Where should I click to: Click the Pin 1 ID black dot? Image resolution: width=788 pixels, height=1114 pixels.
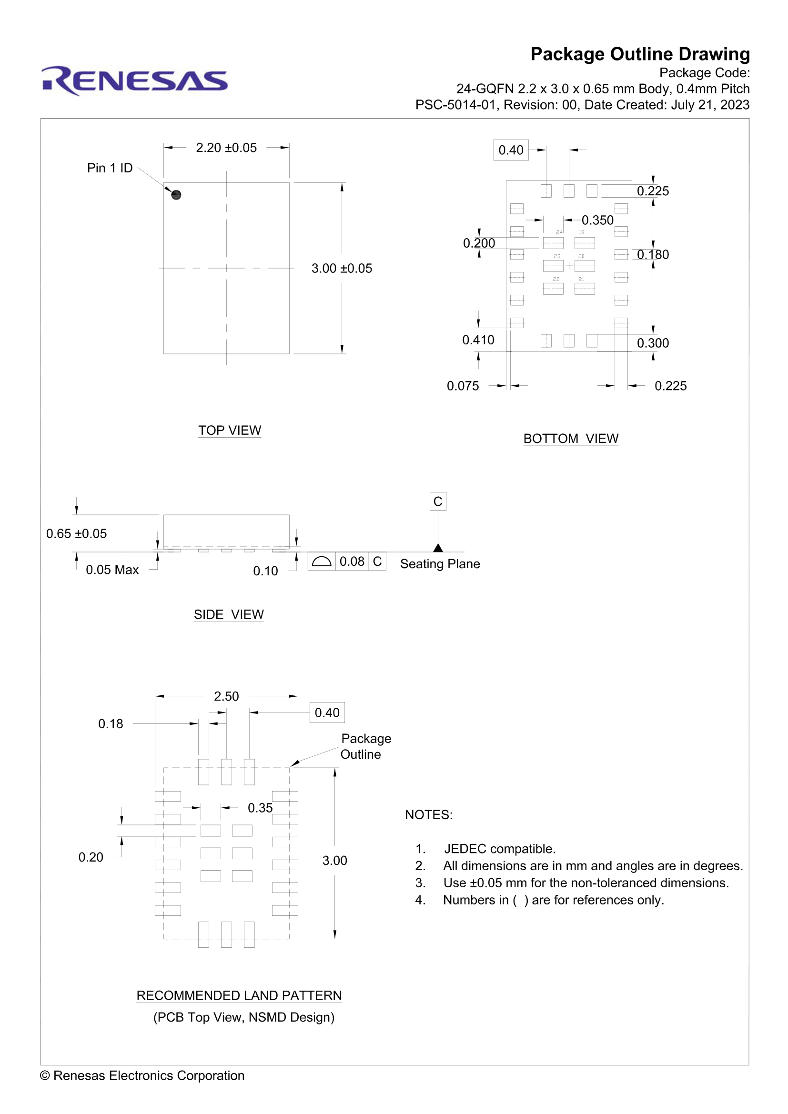coord(176,195)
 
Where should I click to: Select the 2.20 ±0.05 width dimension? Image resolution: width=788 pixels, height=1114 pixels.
coord(226,148)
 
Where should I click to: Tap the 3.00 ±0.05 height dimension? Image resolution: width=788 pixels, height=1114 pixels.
coord(342,268)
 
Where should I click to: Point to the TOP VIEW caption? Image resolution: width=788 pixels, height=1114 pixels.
coord(230,431)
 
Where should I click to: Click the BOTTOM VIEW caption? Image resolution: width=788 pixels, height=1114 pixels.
coord(571,439)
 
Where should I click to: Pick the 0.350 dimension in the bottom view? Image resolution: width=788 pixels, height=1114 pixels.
coord(597,221)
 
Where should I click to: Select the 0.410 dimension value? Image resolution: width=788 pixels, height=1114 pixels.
coord(478,340)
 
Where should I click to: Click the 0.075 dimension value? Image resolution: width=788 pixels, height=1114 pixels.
coord(463,386)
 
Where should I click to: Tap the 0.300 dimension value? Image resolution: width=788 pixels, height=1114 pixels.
coord(653,343)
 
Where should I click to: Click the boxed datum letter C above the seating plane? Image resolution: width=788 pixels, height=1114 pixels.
coord(438,501)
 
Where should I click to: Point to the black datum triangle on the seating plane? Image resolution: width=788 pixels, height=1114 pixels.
coord(438,548)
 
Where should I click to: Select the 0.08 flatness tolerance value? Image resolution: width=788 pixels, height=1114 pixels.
coord(352,562)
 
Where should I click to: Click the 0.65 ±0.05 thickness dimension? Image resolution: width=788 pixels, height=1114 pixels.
coord(76,534)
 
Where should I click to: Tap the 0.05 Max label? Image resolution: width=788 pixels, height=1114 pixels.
coord(112,570)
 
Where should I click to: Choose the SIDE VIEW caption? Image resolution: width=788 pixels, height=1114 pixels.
coord(229,614)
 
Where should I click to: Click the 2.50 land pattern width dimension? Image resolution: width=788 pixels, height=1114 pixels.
coord(226,696)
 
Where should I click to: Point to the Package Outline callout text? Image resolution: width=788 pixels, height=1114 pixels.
coord(365,746)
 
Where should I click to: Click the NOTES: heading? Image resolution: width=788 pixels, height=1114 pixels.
coord(428,814)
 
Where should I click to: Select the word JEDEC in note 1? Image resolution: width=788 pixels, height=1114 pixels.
coord(465,849)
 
